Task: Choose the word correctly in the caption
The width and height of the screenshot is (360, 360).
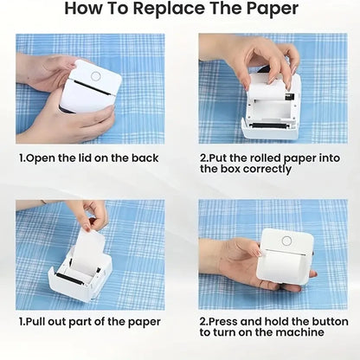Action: pos(259,169)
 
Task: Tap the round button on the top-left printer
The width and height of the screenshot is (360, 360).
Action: pos(95,75)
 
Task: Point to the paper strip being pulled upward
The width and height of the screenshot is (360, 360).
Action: pos(89,247)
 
